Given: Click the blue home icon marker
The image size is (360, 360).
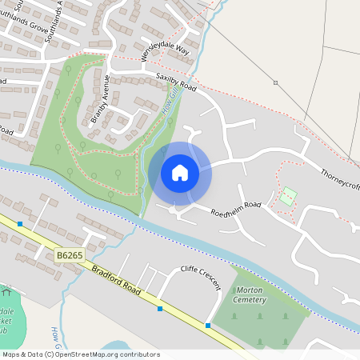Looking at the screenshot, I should click(180, 172).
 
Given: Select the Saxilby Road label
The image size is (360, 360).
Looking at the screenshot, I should click(174, 82).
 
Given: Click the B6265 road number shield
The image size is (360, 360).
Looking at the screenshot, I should click(70, 255).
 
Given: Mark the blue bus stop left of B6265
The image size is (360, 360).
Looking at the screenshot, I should click(20, 224).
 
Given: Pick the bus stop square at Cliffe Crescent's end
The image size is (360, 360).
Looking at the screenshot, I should click(209, 325).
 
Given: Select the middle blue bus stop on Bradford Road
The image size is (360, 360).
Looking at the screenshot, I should click(160, 308).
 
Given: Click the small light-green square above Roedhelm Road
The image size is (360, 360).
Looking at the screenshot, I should click(288, 196).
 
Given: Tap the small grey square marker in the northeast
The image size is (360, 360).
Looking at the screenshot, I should click(275, 82).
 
